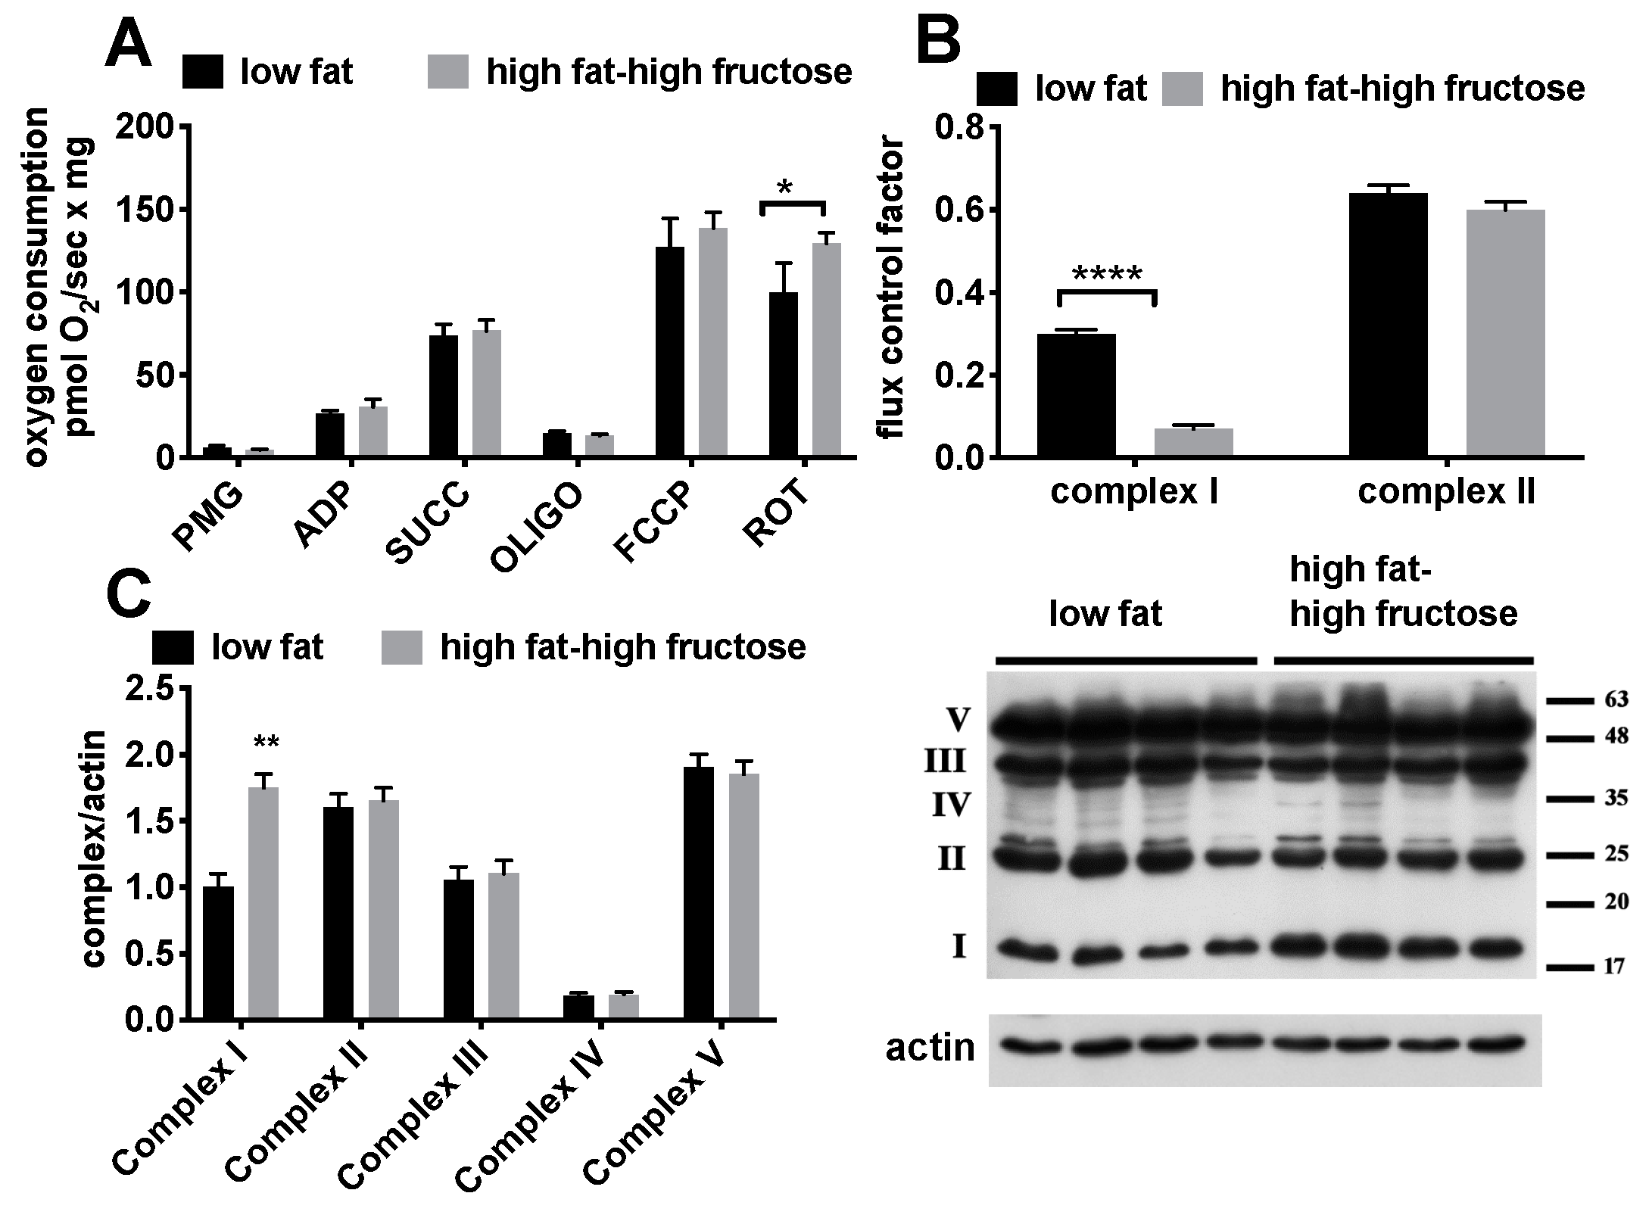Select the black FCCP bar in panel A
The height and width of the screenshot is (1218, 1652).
[669, 351]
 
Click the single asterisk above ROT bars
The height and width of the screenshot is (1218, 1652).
[784, 188]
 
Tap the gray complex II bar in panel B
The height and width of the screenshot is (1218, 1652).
[1505, 333]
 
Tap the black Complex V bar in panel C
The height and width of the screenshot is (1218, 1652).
[698, 892]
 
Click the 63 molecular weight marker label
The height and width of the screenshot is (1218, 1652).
[1616, 699]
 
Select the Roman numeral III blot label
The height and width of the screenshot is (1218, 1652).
[945, 762]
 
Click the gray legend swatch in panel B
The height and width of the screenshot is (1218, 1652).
[1182, 89]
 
